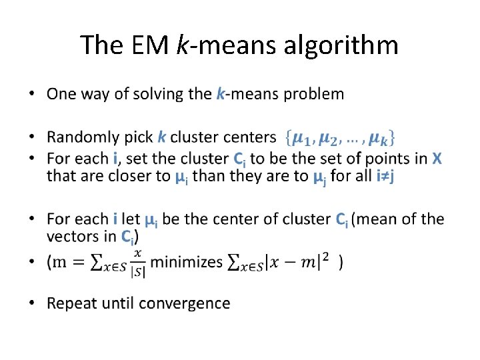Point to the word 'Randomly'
82,138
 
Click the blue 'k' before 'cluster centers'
162,138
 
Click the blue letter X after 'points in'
437,159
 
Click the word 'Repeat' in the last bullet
70,303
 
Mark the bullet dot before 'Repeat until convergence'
34,303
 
